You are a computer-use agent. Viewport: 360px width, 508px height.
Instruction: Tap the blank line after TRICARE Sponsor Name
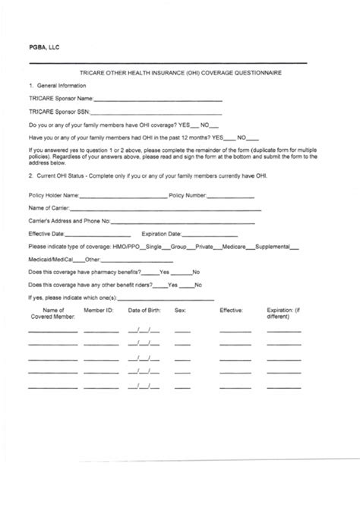[159, 100]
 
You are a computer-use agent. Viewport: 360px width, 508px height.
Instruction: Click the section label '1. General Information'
[58, 87]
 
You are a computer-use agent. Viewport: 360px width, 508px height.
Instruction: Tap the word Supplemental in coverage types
[274, 247]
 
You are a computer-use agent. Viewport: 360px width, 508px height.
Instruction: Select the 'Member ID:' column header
[99, 311]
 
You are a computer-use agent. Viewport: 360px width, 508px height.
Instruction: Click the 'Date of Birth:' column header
[145, 311]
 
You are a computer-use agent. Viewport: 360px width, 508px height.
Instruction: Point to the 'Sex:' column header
[180, 311]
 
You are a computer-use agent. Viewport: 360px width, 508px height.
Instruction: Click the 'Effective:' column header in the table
[231, 311]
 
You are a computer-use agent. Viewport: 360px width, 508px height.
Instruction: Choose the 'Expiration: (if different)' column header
[285, 314]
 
